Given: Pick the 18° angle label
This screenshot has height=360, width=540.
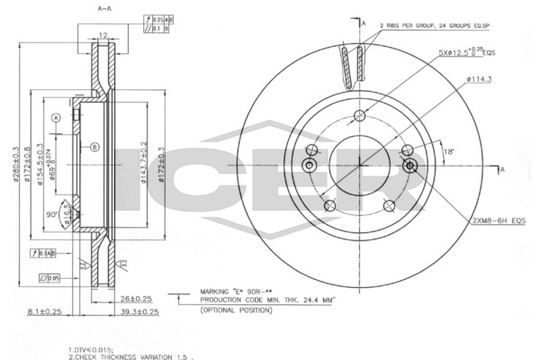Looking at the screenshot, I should coord(448,153).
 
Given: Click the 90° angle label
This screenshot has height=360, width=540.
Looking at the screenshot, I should coord(54,214).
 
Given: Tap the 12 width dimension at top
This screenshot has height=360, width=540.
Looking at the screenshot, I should coord(103,36).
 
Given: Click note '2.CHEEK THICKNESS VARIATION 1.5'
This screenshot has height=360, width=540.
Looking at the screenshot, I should coord(130,355).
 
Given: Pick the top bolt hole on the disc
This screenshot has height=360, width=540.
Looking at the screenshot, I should coord(361,114).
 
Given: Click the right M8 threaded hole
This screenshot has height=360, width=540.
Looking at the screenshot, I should coord(410,166).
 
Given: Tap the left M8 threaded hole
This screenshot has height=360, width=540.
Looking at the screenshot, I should coord(310,166).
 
